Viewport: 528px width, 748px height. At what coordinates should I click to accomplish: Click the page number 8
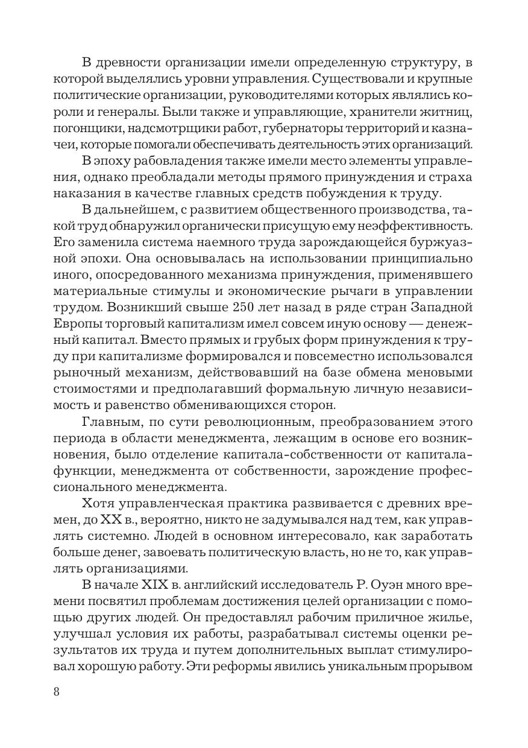point(56,691)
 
